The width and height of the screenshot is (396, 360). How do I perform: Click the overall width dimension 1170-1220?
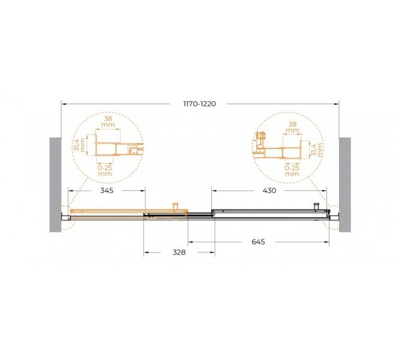[200, 103]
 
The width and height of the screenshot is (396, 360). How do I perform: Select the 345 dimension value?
[107, 190]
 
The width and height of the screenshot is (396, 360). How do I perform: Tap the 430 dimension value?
[269, 190]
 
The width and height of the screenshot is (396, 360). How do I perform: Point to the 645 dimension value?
[258, 242]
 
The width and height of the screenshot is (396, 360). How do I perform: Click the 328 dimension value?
[179, 252]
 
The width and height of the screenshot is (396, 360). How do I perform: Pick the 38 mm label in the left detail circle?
[108, 122]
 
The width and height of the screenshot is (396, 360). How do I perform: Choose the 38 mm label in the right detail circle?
[293, 128]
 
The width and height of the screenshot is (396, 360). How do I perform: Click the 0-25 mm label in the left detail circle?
[105, 171]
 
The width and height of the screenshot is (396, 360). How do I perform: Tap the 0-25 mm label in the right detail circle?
[292, 171]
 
